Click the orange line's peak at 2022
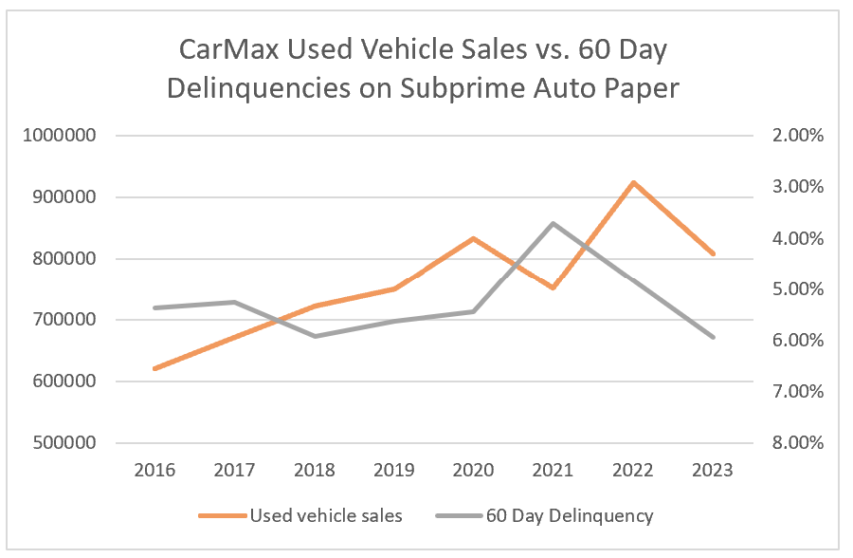(x=632, y=182)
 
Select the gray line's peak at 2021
(x=553, y=223)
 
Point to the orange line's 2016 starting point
(x=154, y=368)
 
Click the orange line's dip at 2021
(x=553, y=288)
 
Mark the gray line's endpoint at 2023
(x=712, y=337)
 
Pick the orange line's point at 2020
(x=473, y=238)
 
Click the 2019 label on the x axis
(x=393, y=470)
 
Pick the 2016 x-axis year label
(x=154, y=470)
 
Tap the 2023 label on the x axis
(x=712, y=470)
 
